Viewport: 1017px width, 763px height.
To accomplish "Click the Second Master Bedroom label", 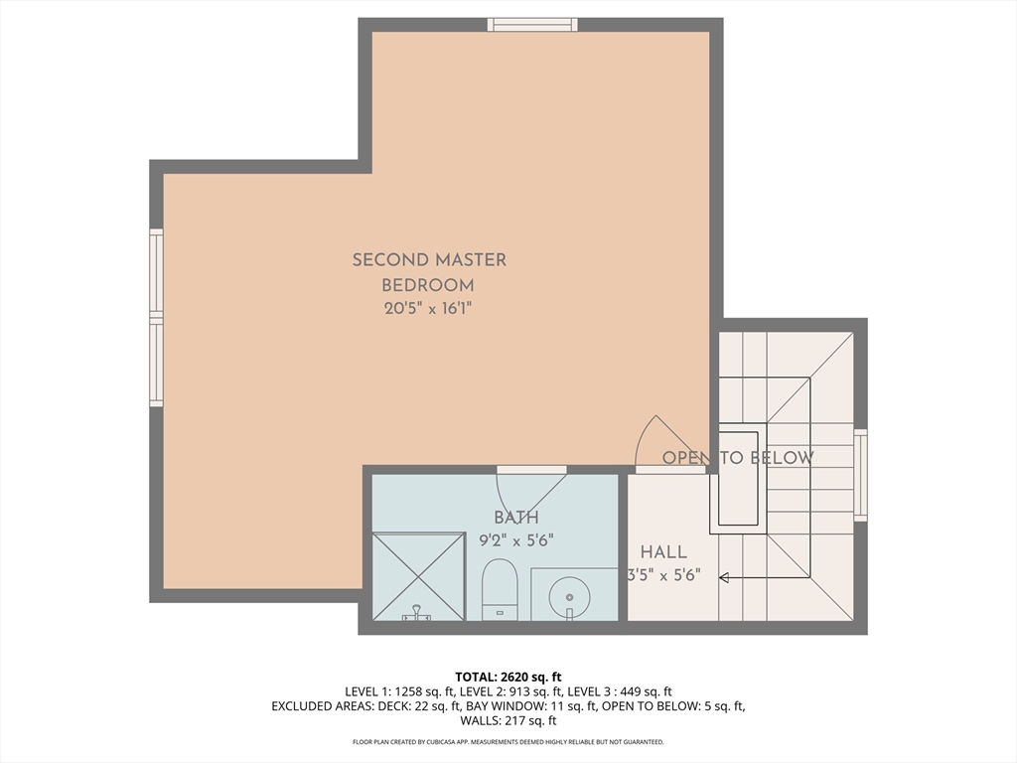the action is point(429,272).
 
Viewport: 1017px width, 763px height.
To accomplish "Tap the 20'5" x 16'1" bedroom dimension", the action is point(427,308).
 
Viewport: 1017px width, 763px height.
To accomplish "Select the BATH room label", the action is point(516,518).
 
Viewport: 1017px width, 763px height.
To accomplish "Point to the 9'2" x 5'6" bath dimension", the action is point(516,540).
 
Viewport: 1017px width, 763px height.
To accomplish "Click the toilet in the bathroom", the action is point(501,589).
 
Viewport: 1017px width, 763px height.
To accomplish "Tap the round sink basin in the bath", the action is point(569,597).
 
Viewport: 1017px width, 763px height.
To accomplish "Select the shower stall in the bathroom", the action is point(419,576).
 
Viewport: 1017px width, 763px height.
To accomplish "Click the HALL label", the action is point(663,552).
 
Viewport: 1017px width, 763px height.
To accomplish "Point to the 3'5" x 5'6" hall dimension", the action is point(663,575).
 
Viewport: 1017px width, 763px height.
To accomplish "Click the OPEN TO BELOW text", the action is point(738,458).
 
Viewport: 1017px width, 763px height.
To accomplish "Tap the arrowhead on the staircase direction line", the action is point(724,577).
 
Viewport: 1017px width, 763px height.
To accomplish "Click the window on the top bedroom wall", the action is point(532,25).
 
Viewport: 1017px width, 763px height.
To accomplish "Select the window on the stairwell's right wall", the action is point(861,475).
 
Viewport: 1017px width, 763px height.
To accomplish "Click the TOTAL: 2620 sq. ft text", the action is point(508,678).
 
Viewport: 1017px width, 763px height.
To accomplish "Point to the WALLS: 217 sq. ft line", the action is point(508,721).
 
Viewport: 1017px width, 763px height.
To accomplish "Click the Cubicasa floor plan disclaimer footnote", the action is point(508,741).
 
